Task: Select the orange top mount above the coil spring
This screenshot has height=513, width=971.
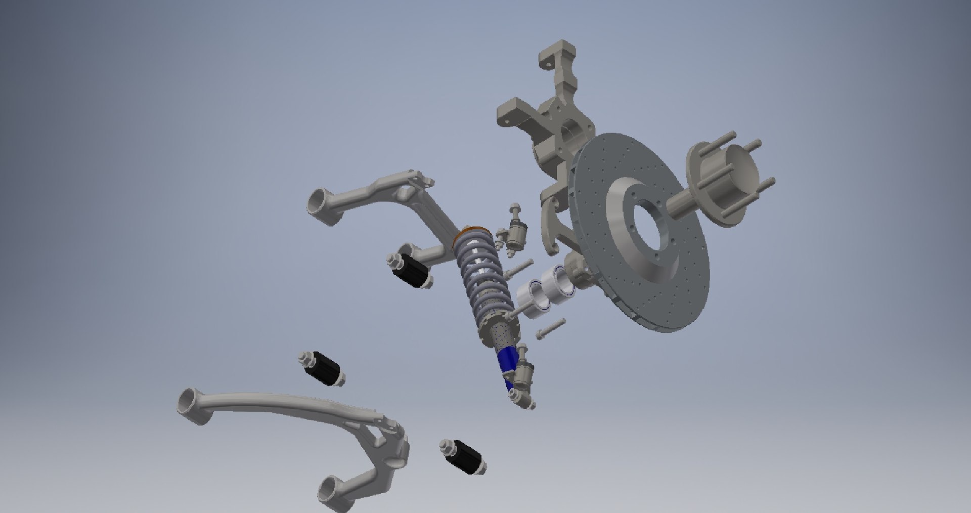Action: (x=473, y=233)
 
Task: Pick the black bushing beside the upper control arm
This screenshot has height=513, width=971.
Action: (x=411, y=271)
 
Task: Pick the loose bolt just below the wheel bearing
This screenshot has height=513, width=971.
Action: (x=550, y=328)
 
